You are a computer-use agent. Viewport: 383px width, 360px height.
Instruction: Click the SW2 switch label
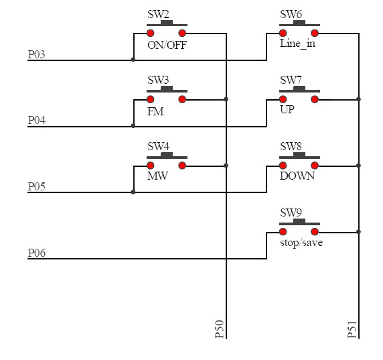click(x=158, y=15)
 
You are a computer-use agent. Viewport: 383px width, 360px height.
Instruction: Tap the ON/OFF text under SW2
click(x=167, y=45)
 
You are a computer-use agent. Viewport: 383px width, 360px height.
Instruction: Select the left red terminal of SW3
click(x=150, y=99)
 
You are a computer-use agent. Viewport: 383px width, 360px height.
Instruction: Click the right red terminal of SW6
click(x=315, y=33)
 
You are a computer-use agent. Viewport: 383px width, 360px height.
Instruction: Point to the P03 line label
click(x=37, y=54)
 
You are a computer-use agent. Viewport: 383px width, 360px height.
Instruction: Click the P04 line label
click(x=37, y=120)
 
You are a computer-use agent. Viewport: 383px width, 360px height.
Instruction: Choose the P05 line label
click(x=37, y=186)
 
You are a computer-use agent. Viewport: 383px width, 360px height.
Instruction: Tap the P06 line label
click(x=37, y=253)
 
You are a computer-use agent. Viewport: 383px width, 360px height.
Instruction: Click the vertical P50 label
click(x=220, y=329)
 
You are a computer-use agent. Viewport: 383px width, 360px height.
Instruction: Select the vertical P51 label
click(x=352, y=329)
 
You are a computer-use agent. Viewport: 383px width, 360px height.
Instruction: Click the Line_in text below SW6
click(x=297, y=44)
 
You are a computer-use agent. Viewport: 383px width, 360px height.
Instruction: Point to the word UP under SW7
click(x=287, y=109)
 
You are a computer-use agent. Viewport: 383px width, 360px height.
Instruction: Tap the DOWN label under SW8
click(x=297, y=176)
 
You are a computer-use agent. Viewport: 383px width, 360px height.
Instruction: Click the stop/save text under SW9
click(x=301, y=243)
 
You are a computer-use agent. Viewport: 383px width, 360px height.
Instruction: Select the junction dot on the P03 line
click(x=133, y=60)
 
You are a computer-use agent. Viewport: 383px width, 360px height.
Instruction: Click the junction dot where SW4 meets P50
click(x=226, y=166)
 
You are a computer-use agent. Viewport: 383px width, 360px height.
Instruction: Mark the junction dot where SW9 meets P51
click(x=358, y=231)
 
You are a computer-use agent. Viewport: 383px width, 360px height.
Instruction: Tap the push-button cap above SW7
click(x=299, y=88)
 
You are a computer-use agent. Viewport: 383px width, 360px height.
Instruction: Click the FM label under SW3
click(x=155, y=111)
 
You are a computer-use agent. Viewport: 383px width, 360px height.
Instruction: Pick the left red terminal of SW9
click(x=283, y=231)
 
